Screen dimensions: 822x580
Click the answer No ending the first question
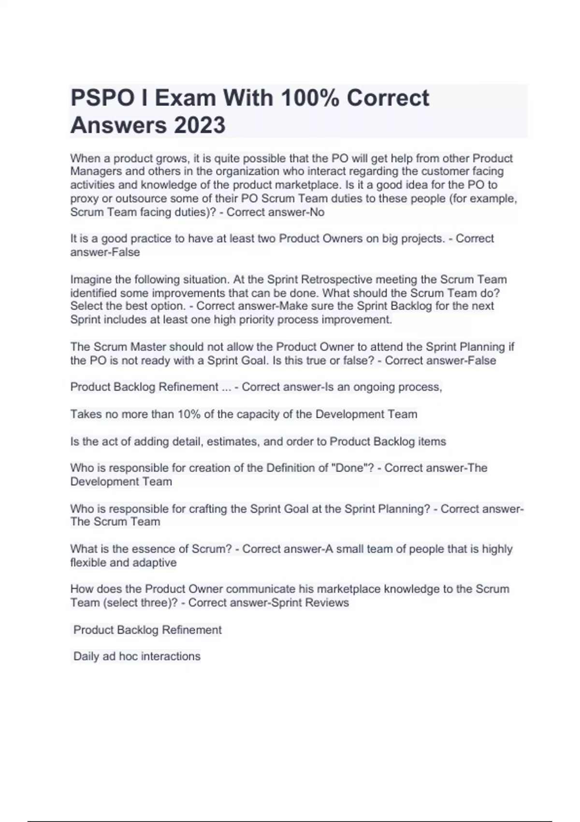pos(317,212)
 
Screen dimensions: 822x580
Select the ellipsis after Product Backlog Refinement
pos(226,387)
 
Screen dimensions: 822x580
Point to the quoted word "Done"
pos(353,468)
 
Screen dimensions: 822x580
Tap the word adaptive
pos(155,563)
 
